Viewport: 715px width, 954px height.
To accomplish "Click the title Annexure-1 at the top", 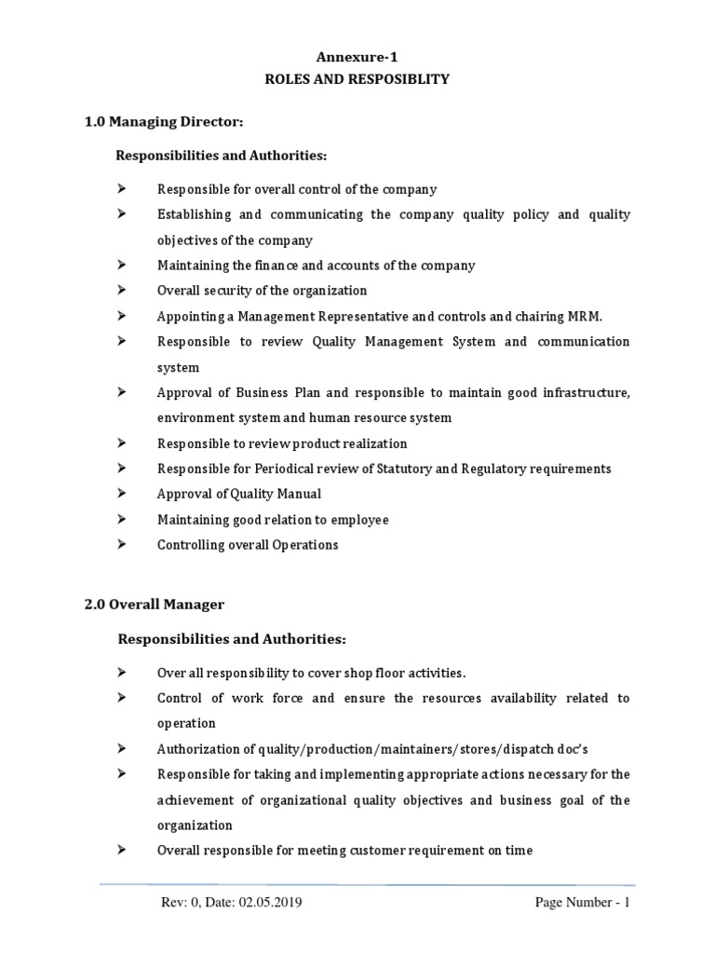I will click(x=357, y=56).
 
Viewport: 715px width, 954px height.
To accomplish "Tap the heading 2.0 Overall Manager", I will click(x=155, y=605).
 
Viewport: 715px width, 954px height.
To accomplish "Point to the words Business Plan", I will click(x=254, y=393).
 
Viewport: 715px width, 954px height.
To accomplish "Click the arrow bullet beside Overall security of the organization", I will click(x=121, y=291).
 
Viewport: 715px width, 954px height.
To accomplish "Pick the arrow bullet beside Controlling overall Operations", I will click(x=121, y=544).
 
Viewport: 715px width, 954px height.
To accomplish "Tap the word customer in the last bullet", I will click(x=353, y=850).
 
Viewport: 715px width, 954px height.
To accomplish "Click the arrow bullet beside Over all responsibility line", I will click(x=121, y=672).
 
